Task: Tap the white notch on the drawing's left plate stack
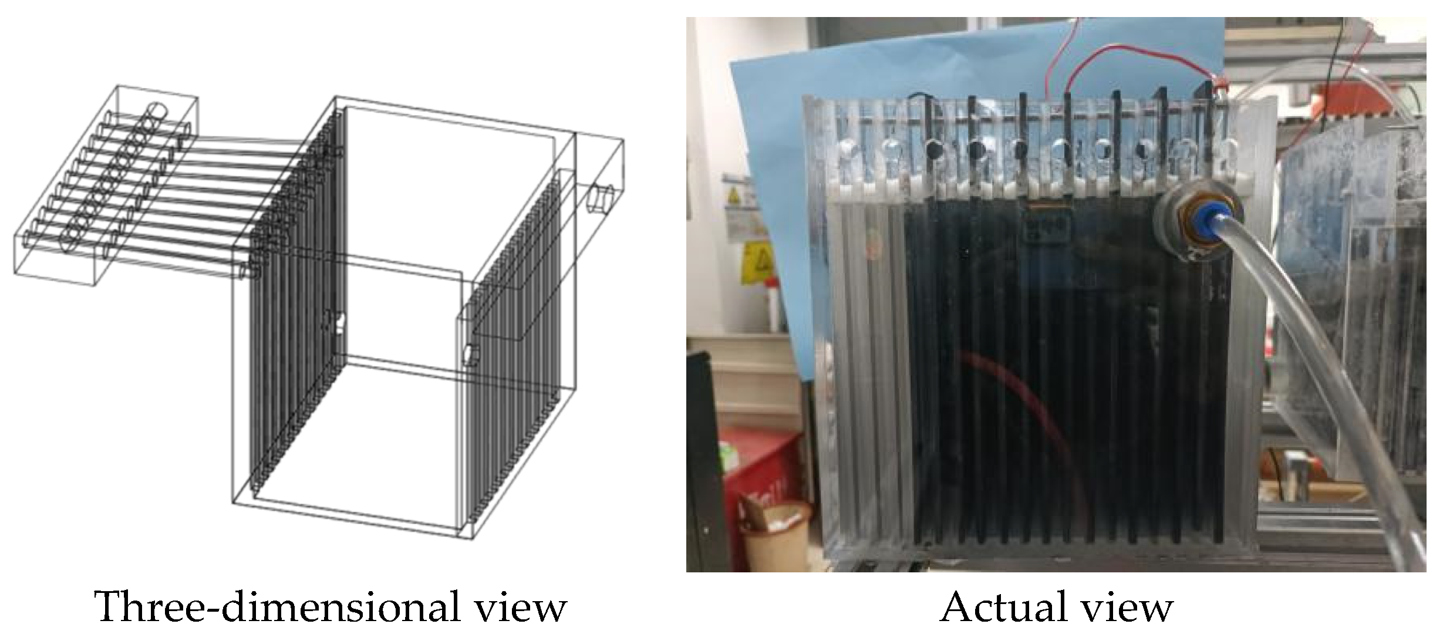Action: pyautogui.click(x=339, y=322)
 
